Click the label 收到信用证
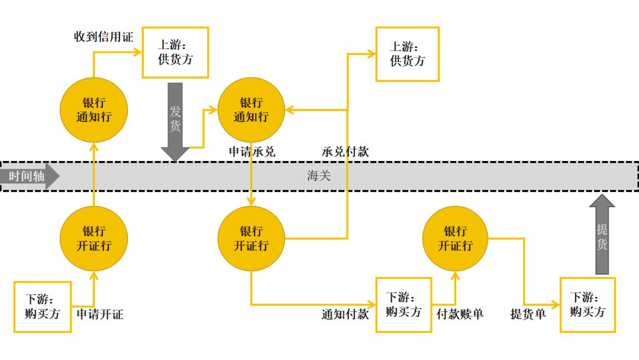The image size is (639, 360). [104, 37]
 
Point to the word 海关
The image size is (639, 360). [319, 176]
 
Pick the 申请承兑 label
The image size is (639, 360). [252, 152]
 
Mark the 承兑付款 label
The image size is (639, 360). [346, 152]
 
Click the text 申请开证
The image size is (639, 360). [100, 314]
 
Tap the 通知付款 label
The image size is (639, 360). [346, 314]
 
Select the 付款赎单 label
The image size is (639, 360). [460, 314]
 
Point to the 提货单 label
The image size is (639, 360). [528, 314]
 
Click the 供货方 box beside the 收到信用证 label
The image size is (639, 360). [176, 52]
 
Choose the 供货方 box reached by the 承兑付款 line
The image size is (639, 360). [408, 54]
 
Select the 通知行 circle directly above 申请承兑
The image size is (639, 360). [251, 110]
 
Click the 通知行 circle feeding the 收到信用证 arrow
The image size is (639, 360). [93, 110]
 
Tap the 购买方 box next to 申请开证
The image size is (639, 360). [43, 307]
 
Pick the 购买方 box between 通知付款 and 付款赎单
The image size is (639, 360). [404, 304]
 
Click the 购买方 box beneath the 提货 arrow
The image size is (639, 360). [588, 304]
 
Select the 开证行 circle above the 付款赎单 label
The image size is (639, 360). [456, 238]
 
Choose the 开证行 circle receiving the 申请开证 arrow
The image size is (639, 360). [93, 238]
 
